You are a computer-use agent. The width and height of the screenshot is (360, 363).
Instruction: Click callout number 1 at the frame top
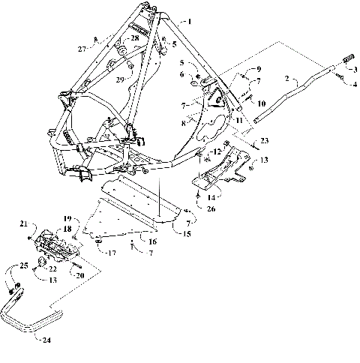pyautogui.click(x=190, y=22)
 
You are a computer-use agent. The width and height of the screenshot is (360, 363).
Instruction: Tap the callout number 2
pyautogui.click(x=287, y=77)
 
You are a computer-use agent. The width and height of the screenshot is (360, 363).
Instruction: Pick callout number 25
pyautogui.click(x=23, y=265)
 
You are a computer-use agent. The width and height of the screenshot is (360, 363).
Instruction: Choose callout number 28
pyautogui.click(x=134, y=37)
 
